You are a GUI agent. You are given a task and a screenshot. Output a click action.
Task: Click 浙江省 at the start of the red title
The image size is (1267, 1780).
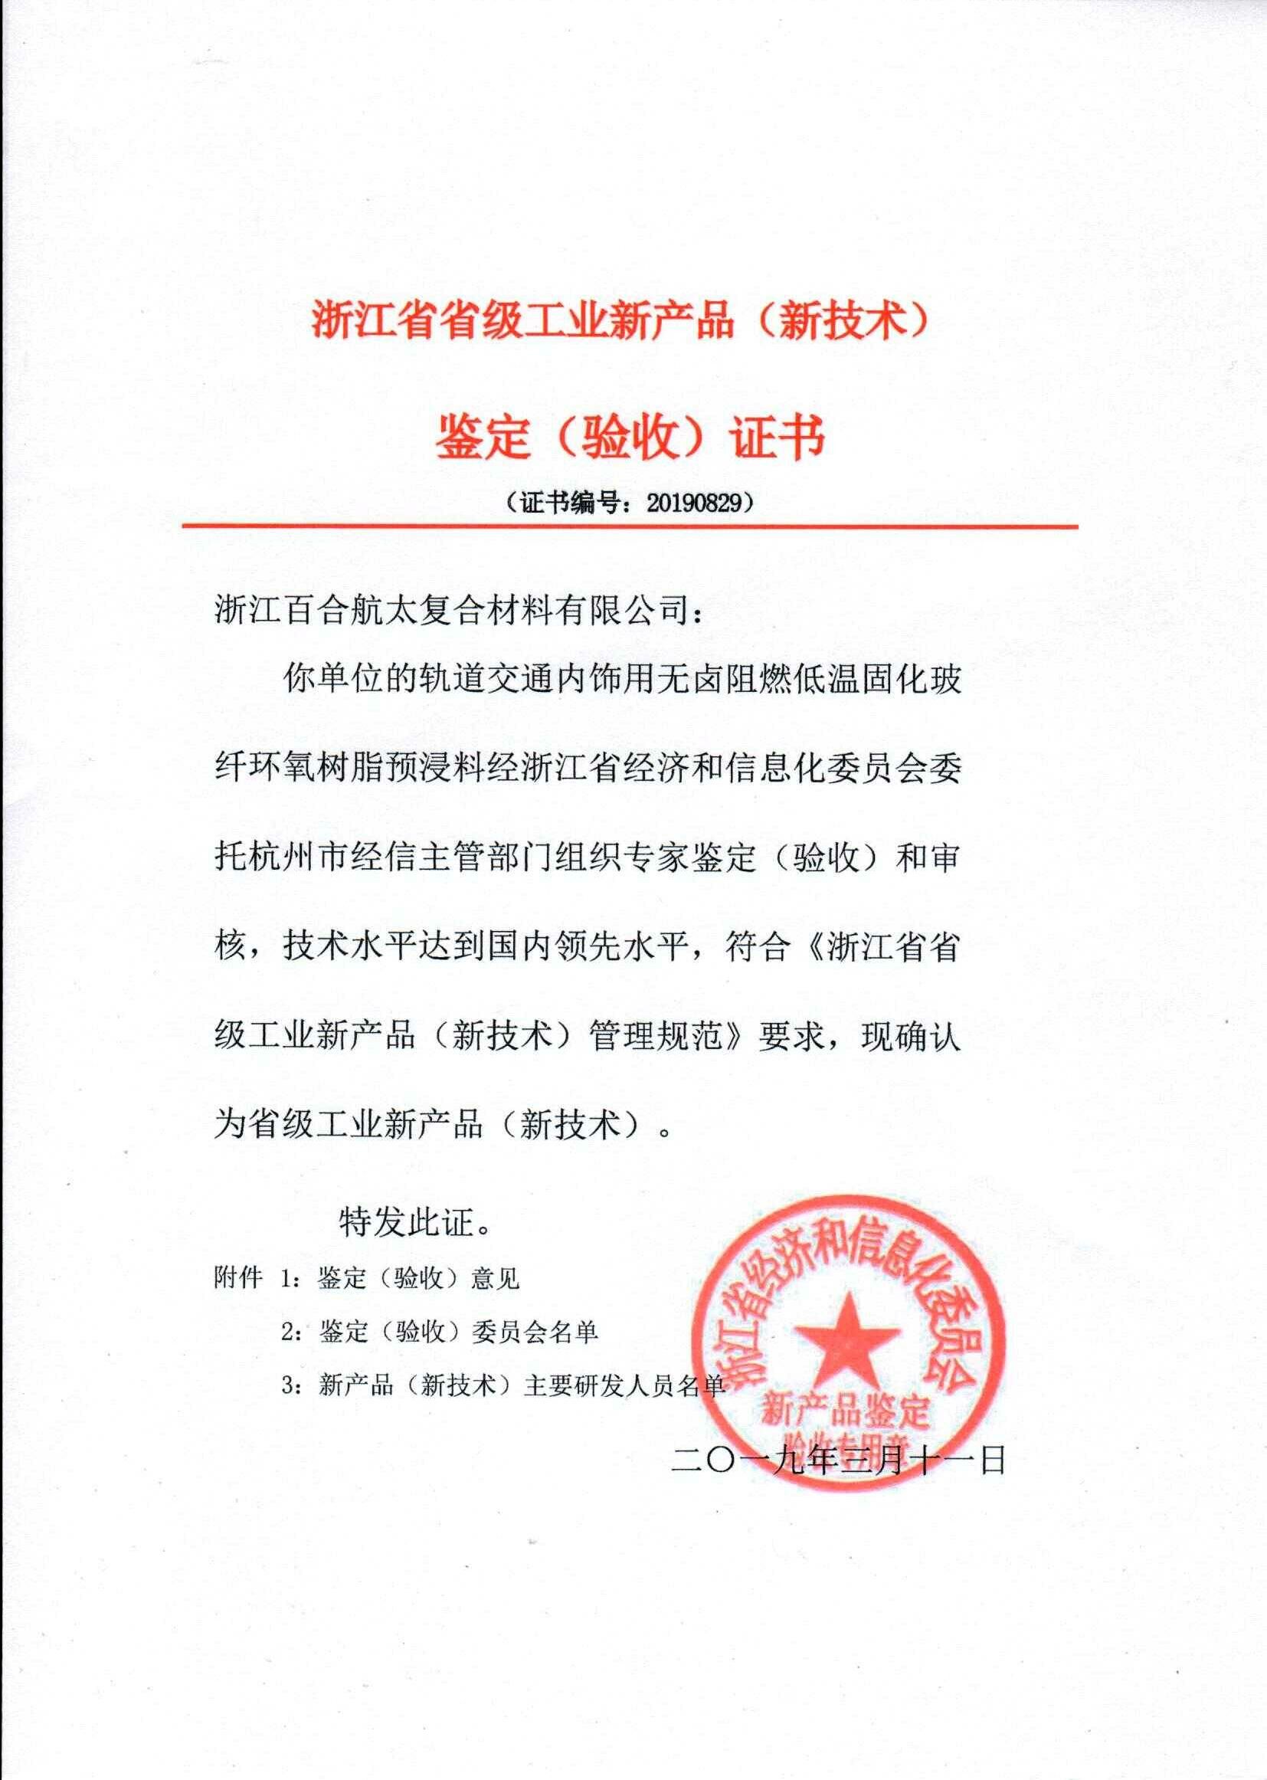pos(364,321)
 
